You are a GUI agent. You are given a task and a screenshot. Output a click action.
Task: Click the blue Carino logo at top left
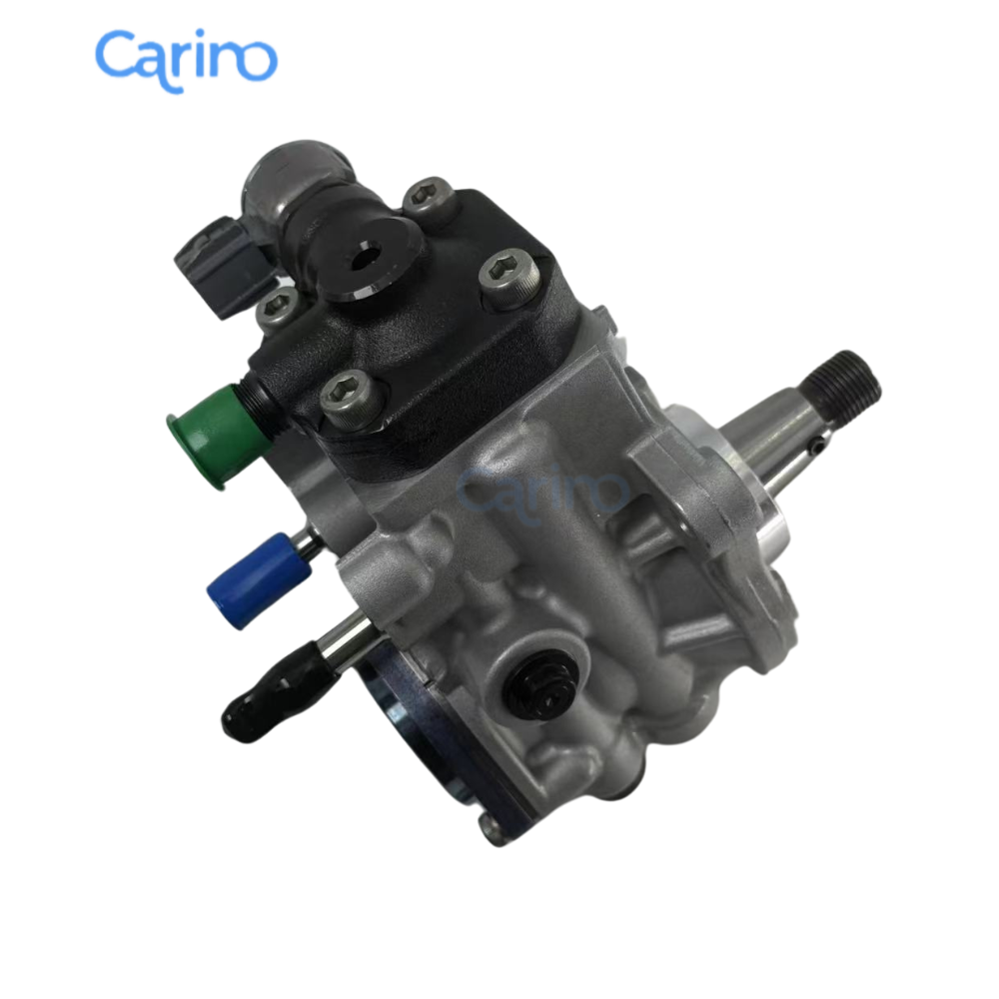185,58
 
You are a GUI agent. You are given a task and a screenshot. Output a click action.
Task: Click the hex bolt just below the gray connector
277,310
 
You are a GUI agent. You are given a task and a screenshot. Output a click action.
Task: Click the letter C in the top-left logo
117,58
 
